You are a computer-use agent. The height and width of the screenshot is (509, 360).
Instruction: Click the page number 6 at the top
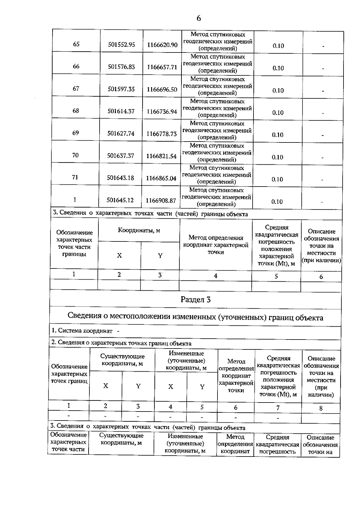click(199, 18)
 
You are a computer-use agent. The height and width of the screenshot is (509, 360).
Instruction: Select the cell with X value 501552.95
click(121, 45)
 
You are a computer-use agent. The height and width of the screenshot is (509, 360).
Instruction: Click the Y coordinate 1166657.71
click(162, 67)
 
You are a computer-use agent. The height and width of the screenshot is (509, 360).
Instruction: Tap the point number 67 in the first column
click(76, 88)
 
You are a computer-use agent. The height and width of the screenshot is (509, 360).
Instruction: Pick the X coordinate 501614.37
click(121, 111)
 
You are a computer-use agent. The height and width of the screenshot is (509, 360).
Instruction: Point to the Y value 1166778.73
click(161, 134)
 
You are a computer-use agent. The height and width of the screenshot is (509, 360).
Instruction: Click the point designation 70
click(75, 155)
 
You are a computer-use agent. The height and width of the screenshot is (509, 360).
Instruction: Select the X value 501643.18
click(120, 178)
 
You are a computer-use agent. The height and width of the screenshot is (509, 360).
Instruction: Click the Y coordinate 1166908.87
click(161, 200)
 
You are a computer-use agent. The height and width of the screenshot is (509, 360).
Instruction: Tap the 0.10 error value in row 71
click(277, 179)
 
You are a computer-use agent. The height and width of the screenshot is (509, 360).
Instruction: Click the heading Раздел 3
click(196, 300)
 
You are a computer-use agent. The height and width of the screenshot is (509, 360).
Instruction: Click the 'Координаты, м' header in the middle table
click(139, 230)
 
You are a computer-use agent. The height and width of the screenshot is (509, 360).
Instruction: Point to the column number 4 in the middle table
click(215, 276)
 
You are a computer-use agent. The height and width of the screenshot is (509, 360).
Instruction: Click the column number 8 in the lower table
click(321, 408)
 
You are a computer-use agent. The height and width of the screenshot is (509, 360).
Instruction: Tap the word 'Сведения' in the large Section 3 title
click(84, 316)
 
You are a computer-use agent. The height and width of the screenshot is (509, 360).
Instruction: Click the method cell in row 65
click(217, 41)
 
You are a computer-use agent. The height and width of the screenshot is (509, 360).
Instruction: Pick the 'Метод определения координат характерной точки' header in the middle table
click(216, 245)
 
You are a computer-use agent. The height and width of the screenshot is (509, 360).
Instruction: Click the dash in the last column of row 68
click(323, 113)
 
